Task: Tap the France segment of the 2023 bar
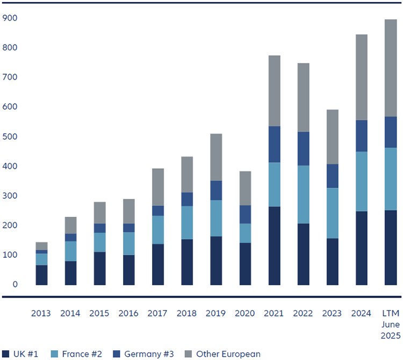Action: tap(333, 213)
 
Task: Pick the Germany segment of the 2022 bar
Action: tap(304, 148)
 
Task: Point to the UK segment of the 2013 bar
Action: tap(41, 275)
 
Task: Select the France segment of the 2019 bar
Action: tap(216, 218)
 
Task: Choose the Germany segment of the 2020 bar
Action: tap(245, 214)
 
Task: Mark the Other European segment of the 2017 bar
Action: tap(157, 187)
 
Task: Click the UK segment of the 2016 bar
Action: tap(128, 270)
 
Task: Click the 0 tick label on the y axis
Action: tap(15, 284)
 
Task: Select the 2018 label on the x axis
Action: tap(187, 313)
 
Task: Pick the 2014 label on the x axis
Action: tap(70, 313)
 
